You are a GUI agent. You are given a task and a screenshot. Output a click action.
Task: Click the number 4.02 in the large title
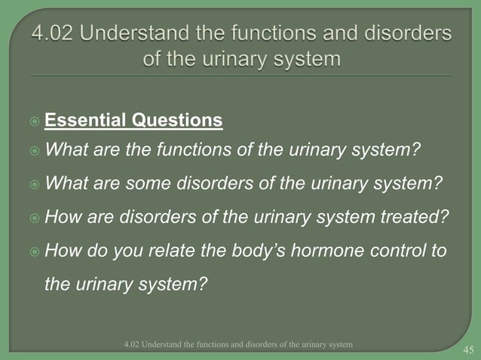click(55, 35)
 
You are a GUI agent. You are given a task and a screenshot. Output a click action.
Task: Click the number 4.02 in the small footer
click(133, 344)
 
